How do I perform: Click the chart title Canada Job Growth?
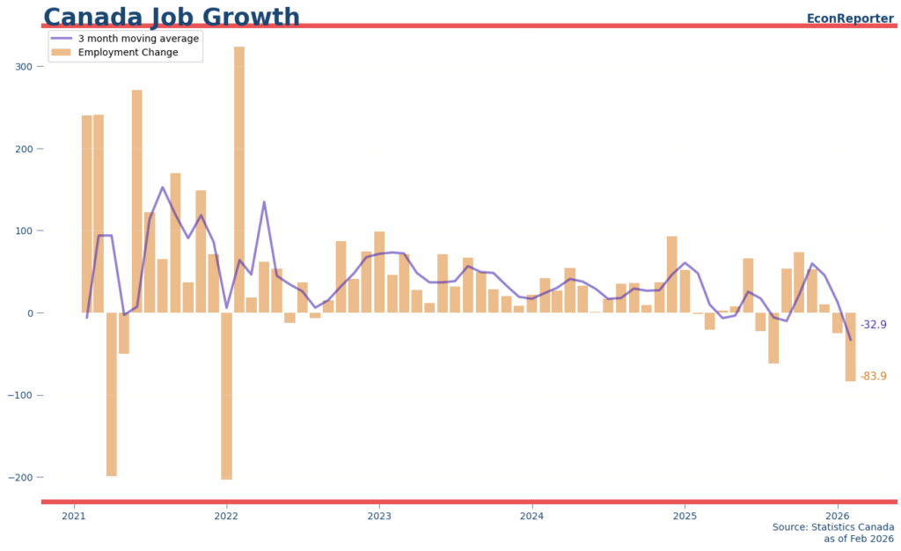pyautogui.click(x=172, y=17)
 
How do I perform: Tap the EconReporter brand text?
pyautogui.click(x=850, y=18)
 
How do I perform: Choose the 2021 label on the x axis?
pyautogui.click(x=74, y=515)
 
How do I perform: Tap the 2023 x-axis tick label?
pyautogui.click(x=379, y=515)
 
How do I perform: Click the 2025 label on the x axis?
pyautogui.click(x=685, y=515)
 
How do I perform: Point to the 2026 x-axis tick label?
pyautogui.click(x=838, y=515)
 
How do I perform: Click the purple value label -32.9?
pyautogui.click(x=873, y=325)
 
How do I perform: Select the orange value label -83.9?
pyautogui.click(x=873, y=377)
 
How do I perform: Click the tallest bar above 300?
pyautogui.click(x=239, y=176)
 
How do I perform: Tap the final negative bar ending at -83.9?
pyautogui.click(x=851, y=347)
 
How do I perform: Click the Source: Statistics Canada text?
pyautogui.click(x=832, y=527)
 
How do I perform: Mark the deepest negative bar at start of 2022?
pyautogui.click(x=226, y=396)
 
